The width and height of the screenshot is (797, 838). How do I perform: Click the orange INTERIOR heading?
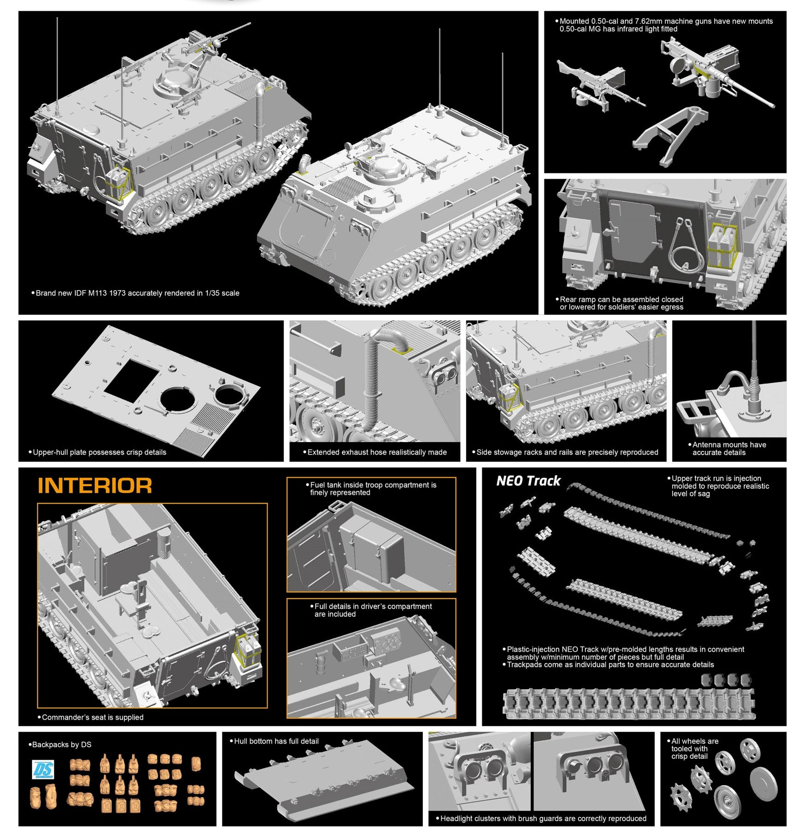coord(94,486)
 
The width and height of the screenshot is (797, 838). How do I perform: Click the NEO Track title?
coord(528,481)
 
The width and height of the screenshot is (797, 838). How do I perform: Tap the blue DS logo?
coord(43,770)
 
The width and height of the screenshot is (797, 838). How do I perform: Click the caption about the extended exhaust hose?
coord(376,452)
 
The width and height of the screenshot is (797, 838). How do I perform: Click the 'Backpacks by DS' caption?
coord(61,745)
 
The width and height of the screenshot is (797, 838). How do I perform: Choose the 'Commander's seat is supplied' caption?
coord(92,717)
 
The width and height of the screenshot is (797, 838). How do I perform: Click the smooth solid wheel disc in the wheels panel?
coord(763,783)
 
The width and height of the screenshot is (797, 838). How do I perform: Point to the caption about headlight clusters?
coord(543,818)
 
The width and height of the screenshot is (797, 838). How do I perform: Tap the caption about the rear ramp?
coord(621,303)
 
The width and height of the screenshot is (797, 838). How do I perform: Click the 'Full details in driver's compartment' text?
coord(372,610)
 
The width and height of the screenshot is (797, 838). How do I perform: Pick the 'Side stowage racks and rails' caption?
coord(567,452)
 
